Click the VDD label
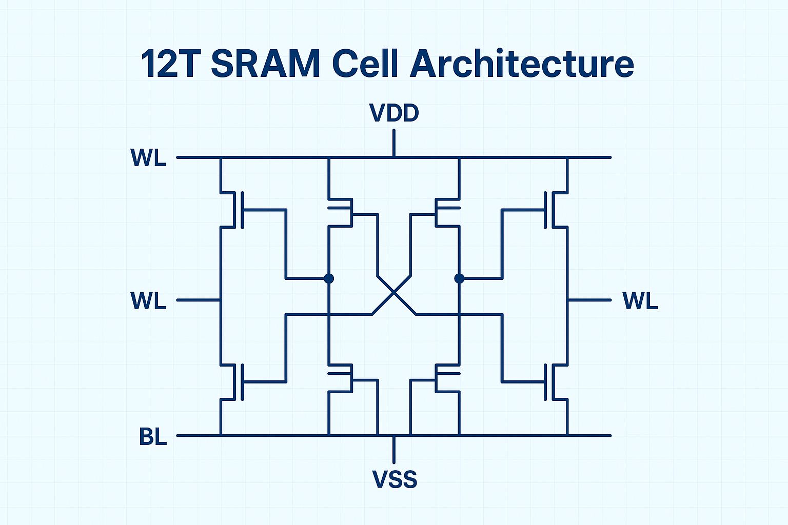394,113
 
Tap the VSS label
394,479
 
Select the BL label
153,437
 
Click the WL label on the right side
640,300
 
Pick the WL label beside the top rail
149,158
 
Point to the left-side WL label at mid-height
149,300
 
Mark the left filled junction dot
329,278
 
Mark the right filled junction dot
459,278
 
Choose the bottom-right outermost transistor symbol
552,381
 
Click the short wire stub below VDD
394,143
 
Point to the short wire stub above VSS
394,450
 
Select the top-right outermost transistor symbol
552,210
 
